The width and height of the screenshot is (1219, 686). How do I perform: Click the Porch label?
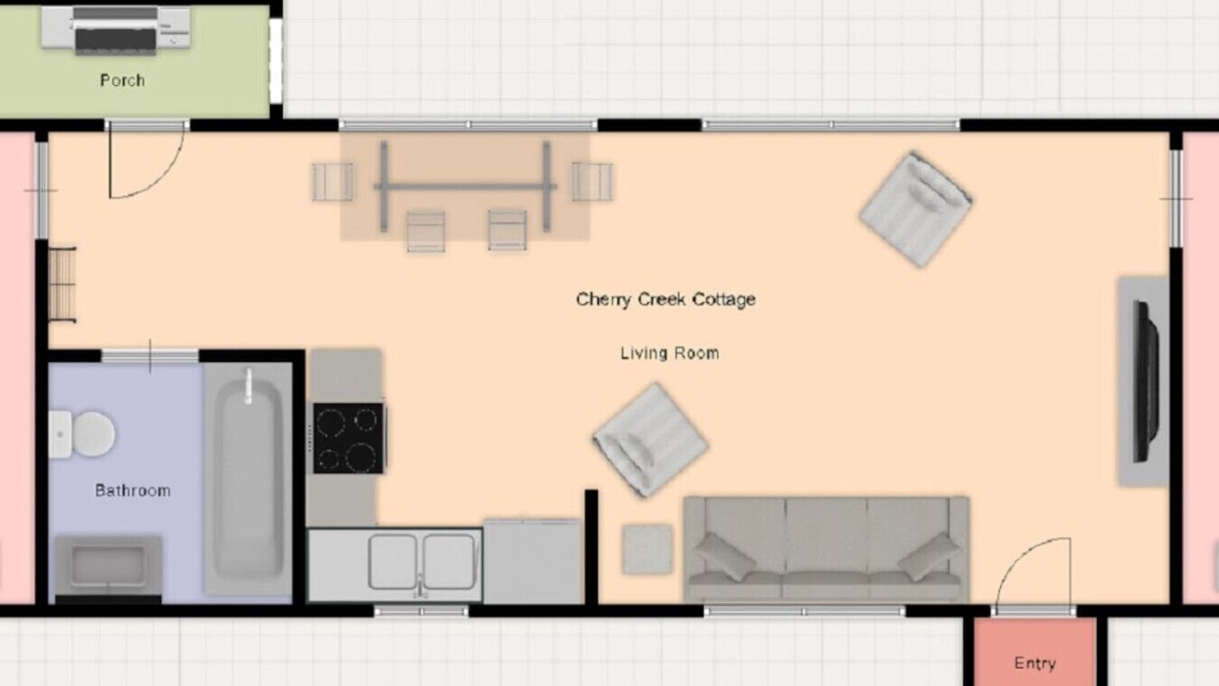coord(123,81)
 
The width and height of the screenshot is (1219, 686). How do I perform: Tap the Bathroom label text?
coord(132,491)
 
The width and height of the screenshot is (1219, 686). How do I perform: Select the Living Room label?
coord(669,353)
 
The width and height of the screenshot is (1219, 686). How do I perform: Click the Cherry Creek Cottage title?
coord(666,299)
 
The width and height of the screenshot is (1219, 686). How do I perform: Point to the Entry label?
coord(1035,663)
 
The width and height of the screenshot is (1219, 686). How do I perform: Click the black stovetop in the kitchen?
coord(349,438)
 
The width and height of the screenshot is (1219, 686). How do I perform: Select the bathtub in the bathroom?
coord(249,479)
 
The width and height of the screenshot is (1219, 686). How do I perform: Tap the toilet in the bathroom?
coord(82,434)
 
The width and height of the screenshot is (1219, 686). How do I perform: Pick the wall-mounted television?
coord(1145,381)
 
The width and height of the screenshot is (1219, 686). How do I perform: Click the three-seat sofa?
coord(826,549)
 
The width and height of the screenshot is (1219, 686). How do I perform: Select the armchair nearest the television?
coord(916,209)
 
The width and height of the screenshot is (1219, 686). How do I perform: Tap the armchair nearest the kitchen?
coord(650,440)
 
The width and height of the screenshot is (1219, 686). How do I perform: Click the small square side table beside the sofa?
coord(647,549)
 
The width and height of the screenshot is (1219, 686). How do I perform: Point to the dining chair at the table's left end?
coord(332,182)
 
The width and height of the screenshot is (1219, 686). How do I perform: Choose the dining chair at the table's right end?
coord(592,182)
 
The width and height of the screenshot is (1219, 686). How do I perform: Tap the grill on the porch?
coord(115,30)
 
